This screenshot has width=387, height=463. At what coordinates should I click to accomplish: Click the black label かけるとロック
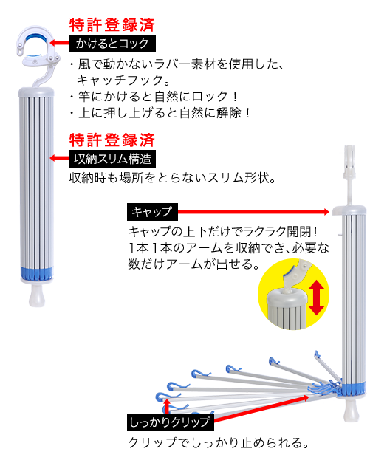pos(112,44)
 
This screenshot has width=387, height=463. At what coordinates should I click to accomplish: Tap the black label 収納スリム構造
pos(112,159)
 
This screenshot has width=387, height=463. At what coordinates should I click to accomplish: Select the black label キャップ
pos(152,212)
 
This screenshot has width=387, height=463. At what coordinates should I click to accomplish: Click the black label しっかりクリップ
pos(171,422)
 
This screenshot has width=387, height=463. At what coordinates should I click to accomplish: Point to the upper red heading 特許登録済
pos(112,25)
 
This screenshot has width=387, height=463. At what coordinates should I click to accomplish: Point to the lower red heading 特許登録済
pos(112,140)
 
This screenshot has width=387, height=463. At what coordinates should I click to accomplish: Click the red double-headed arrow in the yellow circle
pos(316,298)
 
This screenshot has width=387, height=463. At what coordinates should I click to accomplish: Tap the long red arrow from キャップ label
pos(253,212)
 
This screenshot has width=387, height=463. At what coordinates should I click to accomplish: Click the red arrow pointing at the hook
pos(59,43)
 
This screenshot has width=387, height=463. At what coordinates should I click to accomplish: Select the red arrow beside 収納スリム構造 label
pos(59,158)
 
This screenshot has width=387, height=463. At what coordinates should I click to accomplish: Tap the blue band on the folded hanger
pos(37,273)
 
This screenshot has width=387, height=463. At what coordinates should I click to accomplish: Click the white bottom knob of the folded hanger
pos(37,295)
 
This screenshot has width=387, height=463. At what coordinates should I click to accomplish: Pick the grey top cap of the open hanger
pos(349,210)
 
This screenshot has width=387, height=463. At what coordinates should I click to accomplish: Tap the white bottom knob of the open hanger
pos(352,411)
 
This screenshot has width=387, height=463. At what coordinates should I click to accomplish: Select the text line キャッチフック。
pos(123,80)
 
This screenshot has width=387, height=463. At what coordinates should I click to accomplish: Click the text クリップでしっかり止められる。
pos(219,442)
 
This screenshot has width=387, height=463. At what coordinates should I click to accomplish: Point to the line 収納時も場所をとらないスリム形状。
pos(173,178)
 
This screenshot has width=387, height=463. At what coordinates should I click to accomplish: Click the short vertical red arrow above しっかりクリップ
pos(167,406)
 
